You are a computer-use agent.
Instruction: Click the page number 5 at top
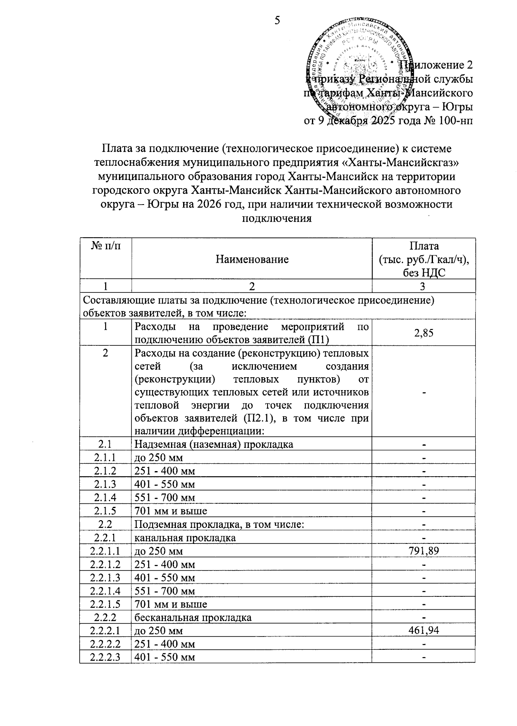point(277,20)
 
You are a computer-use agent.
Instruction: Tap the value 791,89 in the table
point(424,551)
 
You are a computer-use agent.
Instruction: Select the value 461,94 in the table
point(424,631)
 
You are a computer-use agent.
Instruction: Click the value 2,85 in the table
point(424,332)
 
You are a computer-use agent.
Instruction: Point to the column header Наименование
point(252,259)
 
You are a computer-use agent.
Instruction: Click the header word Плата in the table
point(424,246)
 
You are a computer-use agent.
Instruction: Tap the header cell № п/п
point(106,246)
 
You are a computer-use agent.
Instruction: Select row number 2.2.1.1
point(106,551)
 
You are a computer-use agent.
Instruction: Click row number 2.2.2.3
point(106,658)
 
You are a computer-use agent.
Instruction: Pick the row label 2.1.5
point(106,511)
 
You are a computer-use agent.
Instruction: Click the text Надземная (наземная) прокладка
point(214,444)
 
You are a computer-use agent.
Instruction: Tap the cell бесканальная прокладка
point(193,617)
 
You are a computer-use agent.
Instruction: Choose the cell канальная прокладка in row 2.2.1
point(185,537)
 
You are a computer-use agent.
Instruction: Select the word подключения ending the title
point(277,218)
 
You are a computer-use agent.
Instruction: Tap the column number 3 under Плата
point(423,286)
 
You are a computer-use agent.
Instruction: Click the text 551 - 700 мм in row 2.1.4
point(165,497)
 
